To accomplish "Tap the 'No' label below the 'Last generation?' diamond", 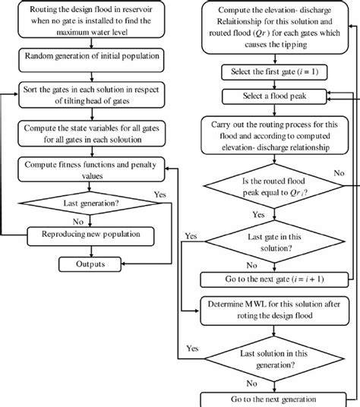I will pos(77,223).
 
